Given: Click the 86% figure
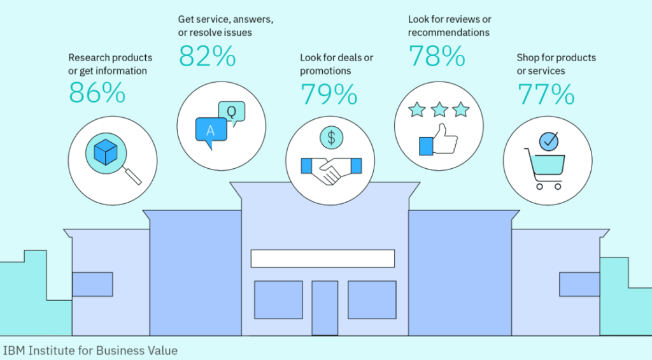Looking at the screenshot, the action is pos(97,92).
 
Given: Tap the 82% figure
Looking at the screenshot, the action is pos(207,56).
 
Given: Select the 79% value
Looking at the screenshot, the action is pos(329,94).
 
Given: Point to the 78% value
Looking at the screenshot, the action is pos(437,56).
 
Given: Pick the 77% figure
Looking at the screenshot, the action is pos(546,94).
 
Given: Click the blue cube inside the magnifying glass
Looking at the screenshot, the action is pos(106,152).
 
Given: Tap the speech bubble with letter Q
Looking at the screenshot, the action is pos(232,113).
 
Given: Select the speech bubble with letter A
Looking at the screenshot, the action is pos(211,132).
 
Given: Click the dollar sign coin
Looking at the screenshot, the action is pos(331,138).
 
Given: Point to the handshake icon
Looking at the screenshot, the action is pos(331,169).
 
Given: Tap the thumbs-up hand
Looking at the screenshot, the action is pos(439,140).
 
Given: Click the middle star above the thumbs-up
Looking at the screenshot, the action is pos(439,110).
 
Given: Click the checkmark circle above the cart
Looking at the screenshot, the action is pos(549,141).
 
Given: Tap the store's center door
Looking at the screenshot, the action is pos(325,308).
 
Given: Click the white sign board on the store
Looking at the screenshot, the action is pos(323,259).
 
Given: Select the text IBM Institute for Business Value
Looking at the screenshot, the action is pos(90,351).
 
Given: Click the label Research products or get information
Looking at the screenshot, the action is pos(110,64).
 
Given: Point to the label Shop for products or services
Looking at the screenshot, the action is pos(556,64).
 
